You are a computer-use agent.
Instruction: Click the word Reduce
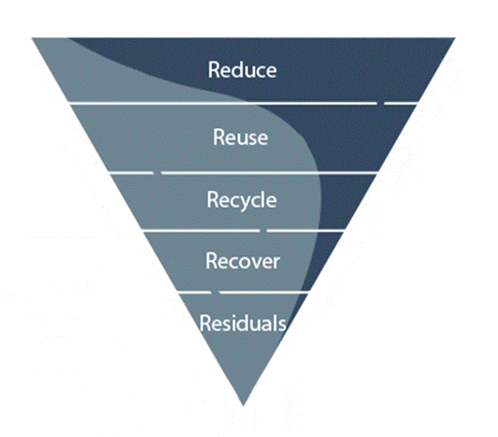(242, 69)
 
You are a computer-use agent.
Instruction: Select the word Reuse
(240, 137)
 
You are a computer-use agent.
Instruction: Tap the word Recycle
(242, 200)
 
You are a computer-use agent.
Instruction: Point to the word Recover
(243, 261)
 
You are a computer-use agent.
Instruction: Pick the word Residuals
(243, 323)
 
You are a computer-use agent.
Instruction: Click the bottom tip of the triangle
(243, 405)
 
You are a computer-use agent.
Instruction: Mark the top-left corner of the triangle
(32, 37)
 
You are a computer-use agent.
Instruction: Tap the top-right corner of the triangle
(455, 37)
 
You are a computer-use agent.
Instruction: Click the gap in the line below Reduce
(380, 103)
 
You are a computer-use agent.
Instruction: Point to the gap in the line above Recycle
(158, 173)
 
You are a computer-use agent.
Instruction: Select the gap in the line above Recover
(263, 230)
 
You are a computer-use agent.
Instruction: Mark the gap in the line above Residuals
(215, 292)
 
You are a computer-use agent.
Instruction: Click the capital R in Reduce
(214, 69)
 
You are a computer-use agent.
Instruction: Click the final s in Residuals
(282, 325)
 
